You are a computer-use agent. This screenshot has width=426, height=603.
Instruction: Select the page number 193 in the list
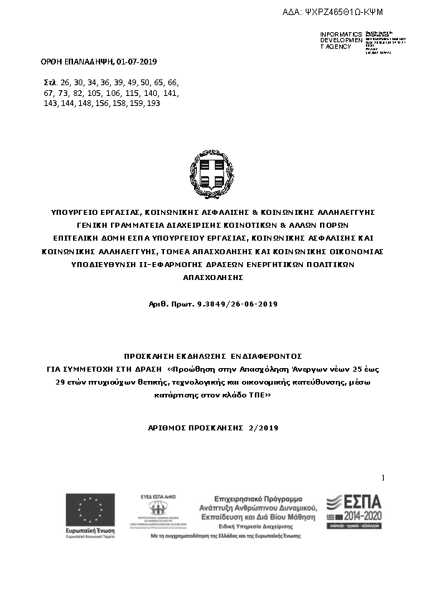pos(153,103)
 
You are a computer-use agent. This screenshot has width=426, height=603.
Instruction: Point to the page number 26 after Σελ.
pos(67,83)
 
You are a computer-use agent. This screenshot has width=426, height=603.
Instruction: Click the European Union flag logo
pos(90,510)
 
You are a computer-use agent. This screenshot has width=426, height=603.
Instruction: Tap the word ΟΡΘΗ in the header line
pos(54,62)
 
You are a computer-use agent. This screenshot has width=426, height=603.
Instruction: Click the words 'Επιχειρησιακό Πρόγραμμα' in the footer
pos(258,498)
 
